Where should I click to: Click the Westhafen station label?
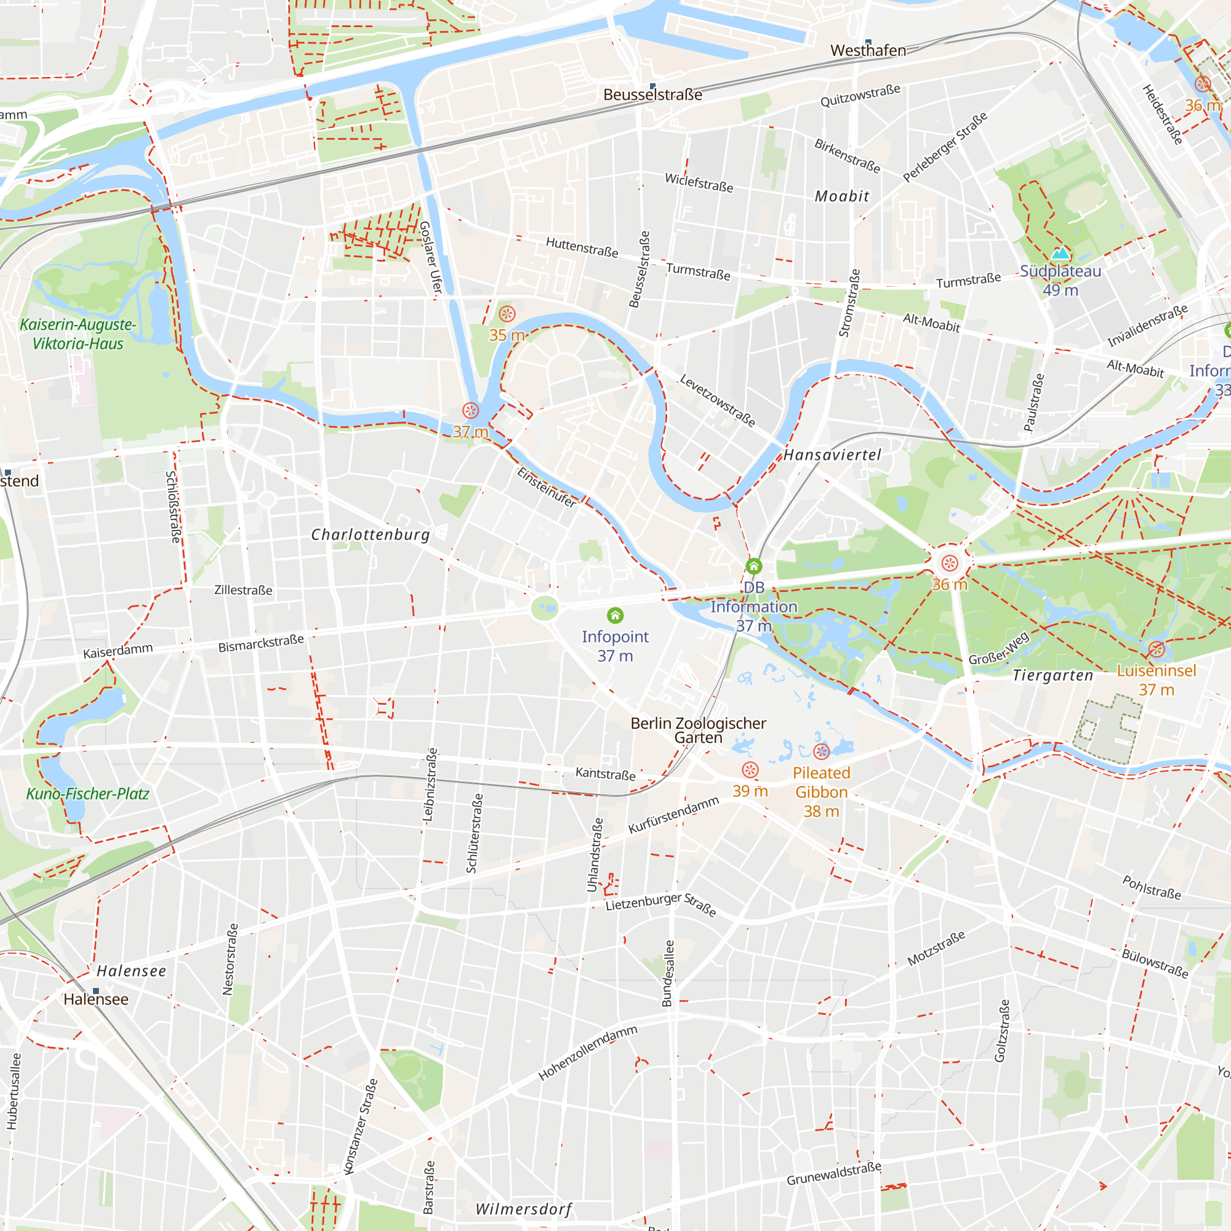pyautogui.click(x=868, y=50)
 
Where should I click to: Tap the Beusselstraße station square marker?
pyautogui.click(x=652, y=86)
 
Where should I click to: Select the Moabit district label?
pyautogui.click(x=841, y=196)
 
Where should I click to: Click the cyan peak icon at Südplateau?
pyautogui.click(x=1060, y=254)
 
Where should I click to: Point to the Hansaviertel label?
pyautogui.click(x=832, y=454)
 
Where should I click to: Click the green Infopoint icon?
pyautogui.click(x=615, y=615)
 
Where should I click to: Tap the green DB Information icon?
pyautogui.click(x=754, y=566)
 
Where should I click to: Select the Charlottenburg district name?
pyautogui.click(x=370, y=535)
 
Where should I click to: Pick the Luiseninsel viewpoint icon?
pyautogui.click(x=1157, y=650)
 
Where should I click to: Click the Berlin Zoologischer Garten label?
pyautogui.click(x=699, y=730)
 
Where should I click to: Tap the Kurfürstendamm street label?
pyautogui.click(x=673, y=815)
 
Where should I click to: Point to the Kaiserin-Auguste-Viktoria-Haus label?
pyautogui.click(x=78, y=334)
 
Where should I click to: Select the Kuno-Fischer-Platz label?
pyautogui.click(x=87, y=794)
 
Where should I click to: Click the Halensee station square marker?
pyautogui.click(x=96, y=991)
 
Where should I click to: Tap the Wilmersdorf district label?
pyautogui.click(x=524, y=1209)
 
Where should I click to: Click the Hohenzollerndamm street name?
pyautogui.click(x=587, y=1053)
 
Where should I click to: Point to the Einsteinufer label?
pyautogui.click(x=547, y=487)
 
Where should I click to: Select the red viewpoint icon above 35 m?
pyautogui.click(x=507, y=313)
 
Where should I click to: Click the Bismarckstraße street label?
pyautogui.click(x=260, y=644)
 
